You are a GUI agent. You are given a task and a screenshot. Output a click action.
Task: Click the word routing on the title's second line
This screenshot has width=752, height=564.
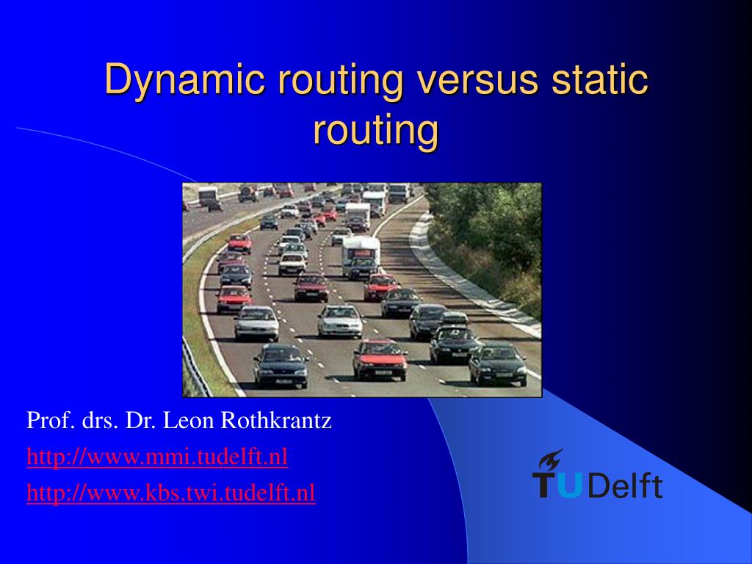(x=375, y=131)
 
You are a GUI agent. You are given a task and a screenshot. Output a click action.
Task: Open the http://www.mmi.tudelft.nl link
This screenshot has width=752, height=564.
(x=157, y=458)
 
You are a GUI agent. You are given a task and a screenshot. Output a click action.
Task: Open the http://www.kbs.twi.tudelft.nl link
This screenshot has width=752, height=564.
(x=171, y=493)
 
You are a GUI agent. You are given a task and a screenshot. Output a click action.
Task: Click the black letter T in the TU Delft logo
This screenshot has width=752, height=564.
(x=545, y=485)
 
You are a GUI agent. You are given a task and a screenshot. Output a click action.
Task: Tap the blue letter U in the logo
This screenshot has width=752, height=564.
(x=569, y=485)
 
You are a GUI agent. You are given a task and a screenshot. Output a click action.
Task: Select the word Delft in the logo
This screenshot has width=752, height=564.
(x=625, y=485)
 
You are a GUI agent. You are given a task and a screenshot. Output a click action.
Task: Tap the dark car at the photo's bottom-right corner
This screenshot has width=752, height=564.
(x=497, y=363)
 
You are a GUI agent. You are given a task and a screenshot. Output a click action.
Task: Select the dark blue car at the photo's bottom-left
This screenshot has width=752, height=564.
(x=280, y=364)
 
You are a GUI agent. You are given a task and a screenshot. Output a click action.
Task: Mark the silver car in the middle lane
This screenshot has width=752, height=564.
(x=340, y=320)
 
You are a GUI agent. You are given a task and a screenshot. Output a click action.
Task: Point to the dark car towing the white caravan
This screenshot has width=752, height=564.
(x=362, y=268)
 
